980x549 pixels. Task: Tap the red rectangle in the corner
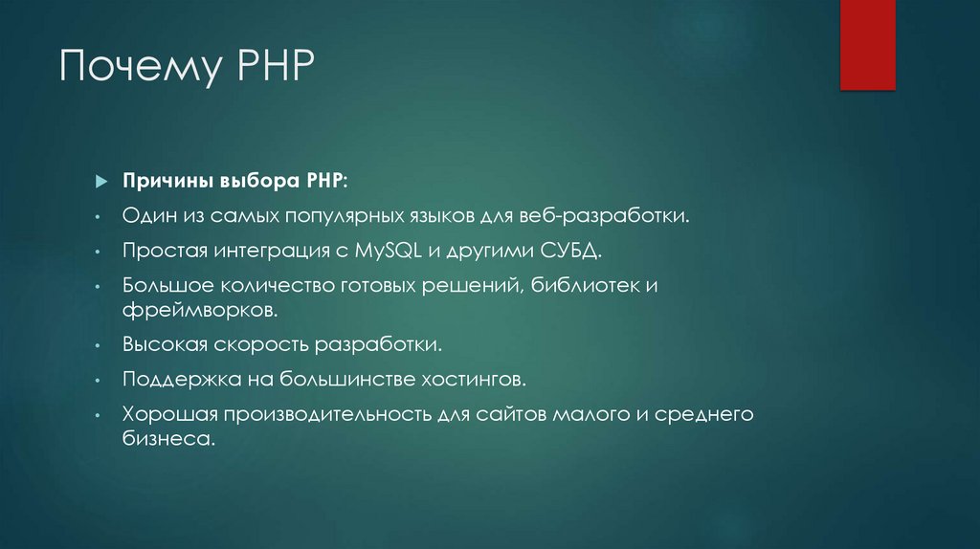tap(867, 45)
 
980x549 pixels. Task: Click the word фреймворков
tap(200, 310)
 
